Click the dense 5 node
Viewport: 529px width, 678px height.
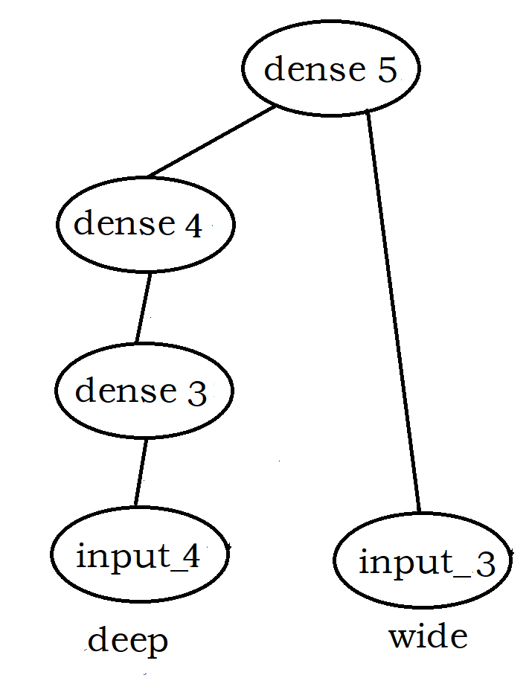[331, 69]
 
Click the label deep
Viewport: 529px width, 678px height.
[128, 641]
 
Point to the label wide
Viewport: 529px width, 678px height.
[428, 636]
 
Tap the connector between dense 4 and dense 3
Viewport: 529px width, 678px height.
[143, 307]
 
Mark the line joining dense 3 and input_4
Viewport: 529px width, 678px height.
[141, 473]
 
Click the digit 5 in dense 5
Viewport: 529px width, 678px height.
[387, 70]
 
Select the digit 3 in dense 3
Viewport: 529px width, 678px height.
[196, 393]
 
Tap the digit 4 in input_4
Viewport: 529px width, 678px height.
[190, 557]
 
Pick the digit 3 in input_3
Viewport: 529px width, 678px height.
[484, 563]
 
